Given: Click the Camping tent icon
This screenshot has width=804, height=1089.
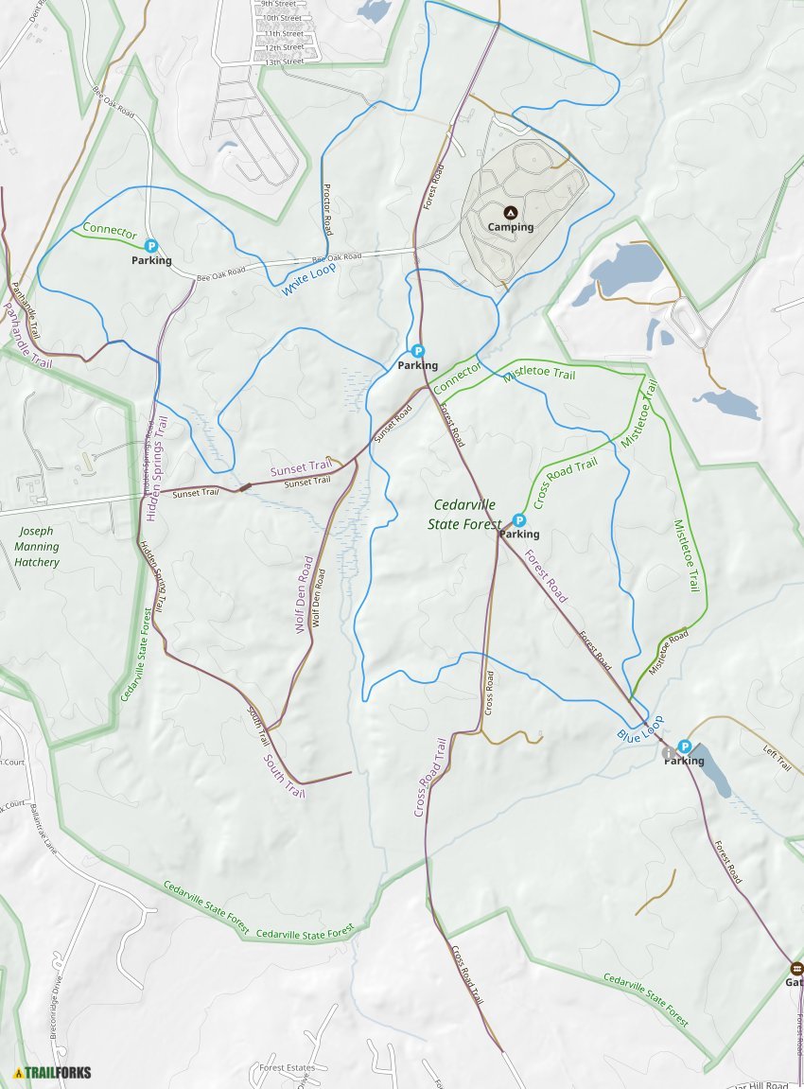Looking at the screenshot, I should click(511, 213).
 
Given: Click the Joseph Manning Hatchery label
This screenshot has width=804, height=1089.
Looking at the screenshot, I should click(37, 547).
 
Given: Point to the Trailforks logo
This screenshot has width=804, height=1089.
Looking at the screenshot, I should click(53, 1072).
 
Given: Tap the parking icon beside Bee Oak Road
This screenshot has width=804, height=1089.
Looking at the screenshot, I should click(150, 246).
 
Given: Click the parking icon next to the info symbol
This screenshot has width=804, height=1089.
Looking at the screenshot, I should click(684, 746).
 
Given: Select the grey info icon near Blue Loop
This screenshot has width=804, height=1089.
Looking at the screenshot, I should click(670, 753).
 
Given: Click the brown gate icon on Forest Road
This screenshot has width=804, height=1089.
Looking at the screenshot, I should click(796, 969).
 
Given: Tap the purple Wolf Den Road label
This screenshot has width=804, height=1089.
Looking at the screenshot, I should click(305, 594).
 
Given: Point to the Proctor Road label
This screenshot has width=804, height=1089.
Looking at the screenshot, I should click(328, 209).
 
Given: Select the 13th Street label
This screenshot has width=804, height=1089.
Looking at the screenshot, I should click(284, 61).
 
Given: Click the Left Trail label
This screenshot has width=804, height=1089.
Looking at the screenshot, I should click(777, 757).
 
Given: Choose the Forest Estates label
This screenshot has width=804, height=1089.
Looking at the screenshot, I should click(288, 1068).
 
